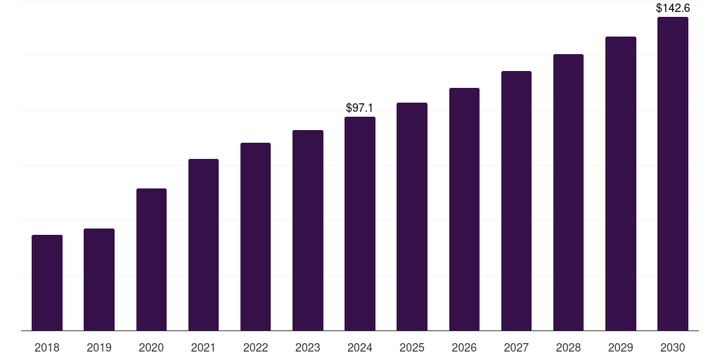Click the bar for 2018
47,283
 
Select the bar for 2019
99,279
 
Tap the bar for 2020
151,259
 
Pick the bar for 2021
203,245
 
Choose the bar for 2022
255,236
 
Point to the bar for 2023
308,230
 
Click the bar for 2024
360,224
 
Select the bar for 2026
464,209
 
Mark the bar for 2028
568,192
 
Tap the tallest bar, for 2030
673,174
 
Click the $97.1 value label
359,108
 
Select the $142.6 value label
673,8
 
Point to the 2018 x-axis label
47,347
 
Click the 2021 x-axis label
203,347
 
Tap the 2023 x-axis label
308,347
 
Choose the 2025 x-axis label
412,347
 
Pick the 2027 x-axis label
516,347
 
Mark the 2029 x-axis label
620,347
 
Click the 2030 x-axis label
673,347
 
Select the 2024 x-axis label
360,347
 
